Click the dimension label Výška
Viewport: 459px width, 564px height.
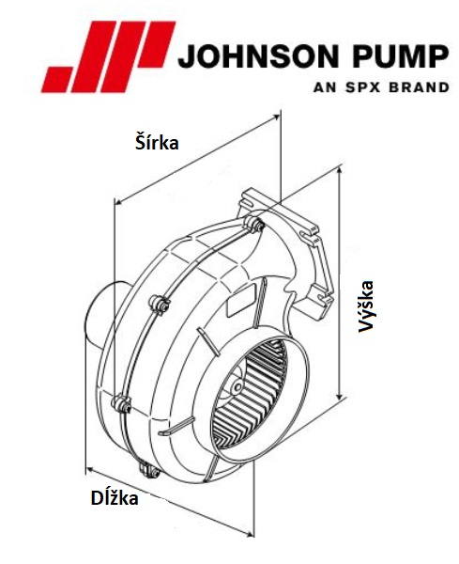tap(365, 306)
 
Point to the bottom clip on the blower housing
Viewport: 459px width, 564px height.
tap(145, 470)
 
